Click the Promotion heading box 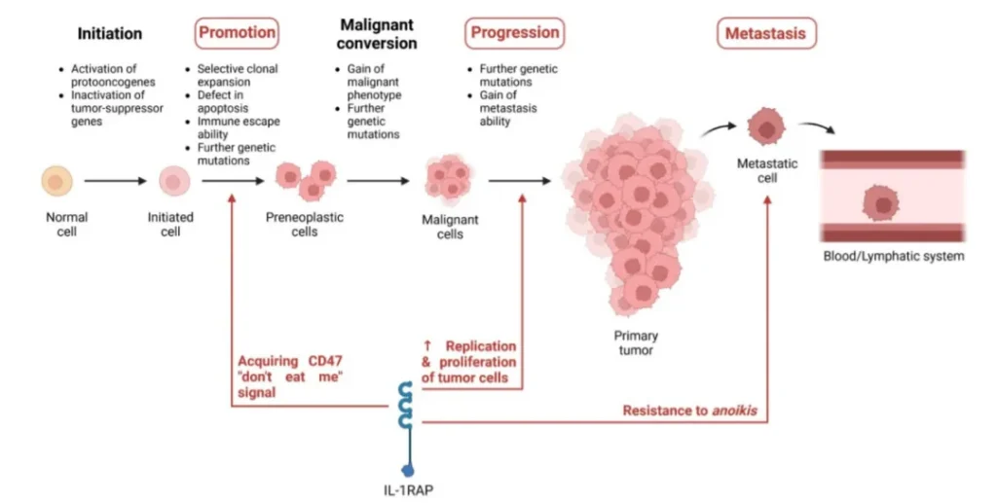237,33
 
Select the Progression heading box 514,33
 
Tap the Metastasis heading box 766,33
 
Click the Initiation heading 110,34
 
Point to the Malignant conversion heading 377,34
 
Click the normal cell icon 57,181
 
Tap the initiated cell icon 173,181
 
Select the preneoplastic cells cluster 306,180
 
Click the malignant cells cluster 449,180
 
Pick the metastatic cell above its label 765,127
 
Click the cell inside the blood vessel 880,204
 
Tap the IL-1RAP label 409,490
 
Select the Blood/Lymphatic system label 894,257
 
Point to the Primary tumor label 636,342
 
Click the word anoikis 734,411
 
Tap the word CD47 325,361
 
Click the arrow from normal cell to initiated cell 116,181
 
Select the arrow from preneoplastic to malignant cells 379,181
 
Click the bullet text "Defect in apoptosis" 223,101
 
